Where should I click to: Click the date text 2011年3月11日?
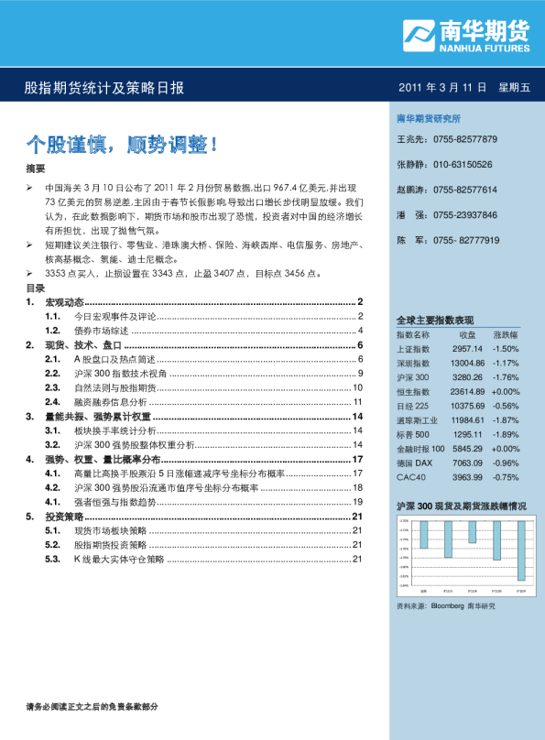point(441,88)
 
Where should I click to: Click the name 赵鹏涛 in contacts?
point(411,190)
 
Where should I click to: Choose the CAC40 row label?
point(409,477)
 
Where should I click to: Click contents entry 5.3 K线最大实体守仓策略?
point(119,559)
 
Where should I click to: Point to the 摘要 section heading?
point(35,169)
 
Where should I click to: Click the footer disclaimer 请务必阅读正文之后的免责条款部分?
point(93,706)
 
